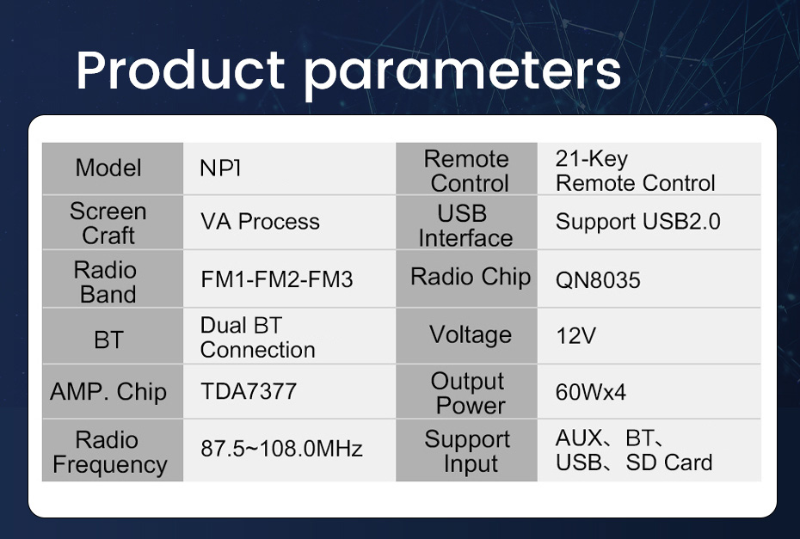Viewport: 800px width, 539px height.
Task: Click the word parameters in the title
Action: pyautogui.click(x=463, y=75)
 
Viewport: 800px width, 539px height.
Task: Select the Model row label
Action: pyautogui.click(x=108, y=168)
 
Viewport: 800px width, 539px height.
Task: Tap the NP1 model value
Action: pyautogui.click(x=220, y=168)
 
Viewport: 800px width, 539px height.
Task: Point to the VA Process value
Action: pyautogui.click(x=260, y=221)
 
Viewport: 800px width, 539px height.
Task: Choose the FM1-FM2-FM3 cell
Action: pyautogui.click(x=276, y=279)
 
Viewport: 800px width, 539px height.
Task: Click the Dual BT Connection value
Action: pyautogui.click(x=258, y=338)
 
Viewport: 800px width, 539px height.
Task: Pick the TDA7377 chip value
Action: pyautogui.click(x=249, y=392)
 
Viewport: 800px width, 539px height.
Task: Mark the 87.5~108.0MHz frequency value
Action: pyautogui.click(x=281, y=449)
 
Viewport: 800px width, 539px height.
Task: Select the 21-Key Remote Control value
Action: pyautogui.click(x=635, y=171)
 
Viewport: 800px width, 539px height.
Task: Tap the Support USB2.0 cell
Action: pyautogui.click(x=637, y=221)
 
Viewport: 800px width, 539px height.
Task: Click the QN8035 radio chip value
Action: pyautogui.click(x=598, y=280)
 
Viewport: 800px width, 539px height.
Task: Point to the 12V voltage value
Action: pyautogui.click(x=575, y=335)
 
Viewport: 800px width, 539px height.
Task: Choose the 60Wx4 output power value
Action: pyautogui.click(x=591, y=392)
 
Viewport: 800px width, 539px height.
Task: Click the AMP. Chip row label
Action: pyautogui.click(x=108, y=392)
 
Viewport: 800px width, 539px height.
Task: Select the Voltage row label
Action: pyautogui.click(x=471, y=335)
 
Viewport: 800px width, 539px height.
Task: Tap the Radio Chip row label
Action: pyautogui.click(x=471, y=277)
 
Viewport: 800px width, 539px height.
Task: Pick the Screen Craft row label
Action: pyautogui.click(x=108, y=224)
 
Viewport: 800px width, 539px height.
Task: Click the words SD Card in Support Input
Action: pyautogui.click(x=669, y=462)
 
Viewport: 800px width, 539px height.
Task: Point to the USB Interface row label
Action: pyautogui.click(x=466, y=226)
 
